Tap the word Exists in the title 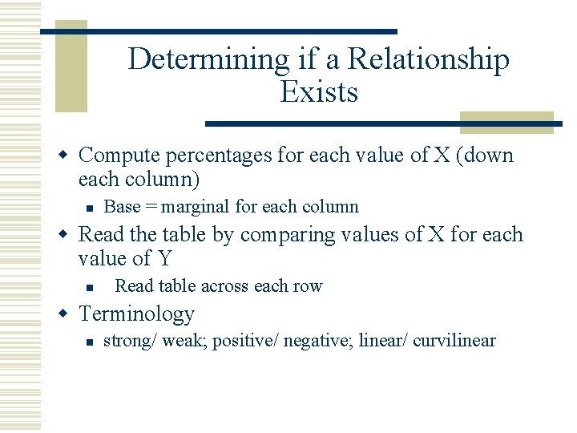319,92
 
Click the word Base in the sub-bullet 122,207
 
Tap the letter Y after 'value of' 164,259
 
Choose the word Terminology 136,314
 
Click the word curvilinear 454,341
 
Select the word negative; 321,341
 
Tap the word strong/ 130,341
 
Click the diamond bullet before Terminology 68,314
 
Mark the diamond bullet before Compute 68,155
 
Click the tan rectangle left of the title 71,72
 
